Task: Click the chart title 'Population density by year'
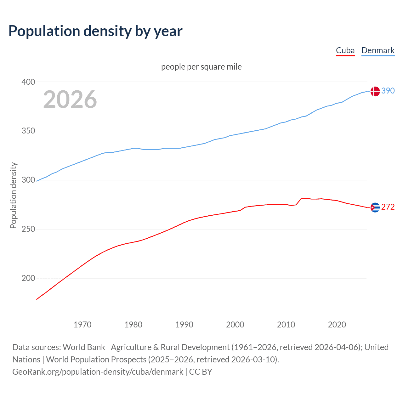click(95, 31)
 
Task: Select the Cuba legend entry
click(345, 50)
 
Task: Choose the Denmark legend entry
click(378, 50)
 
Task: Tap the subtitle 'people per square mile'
click(201, 67)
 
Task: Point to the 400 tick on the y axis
click(28, 82)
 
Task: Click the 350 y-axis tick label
click(28, 131)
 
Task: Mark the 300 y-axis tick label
click(28, 180)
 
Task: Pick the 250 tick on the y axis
click(28, 229)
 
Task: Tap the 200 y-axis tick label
click(28, 278)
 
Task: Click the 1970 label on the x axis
click(82, 325)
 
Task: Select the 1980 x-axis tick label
click(133, 325)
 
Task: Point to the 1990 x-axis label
click(184, 325)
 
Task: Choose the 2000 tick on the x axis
click(235, 325)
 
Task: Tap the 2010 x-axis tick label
click(286, 325)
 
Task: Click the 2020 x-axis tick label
click(337, 325)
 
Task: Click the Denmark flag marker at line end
click(375, 91)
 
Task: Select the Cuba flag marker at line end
click(375, 207)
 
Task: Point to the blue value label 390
click(388, 91)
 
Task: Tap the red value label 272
click(388, 207)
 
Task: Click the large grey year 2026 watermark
click(70, 99)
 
